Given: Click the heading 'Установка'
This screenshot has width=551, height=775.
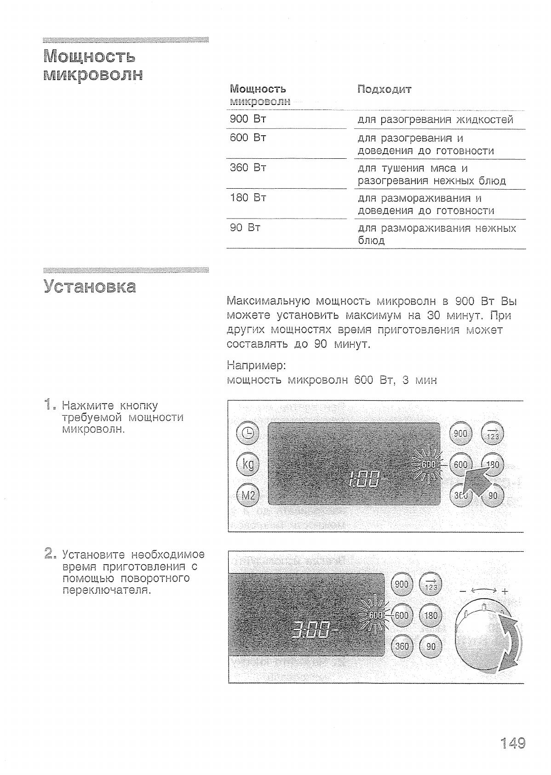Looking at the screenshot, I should [90, 286].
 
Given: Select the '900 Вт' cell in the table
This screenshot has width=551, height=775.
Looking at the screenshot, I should [248, 119].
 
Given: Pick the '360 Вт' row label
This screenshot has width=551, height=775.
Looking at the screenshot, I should [248, 168].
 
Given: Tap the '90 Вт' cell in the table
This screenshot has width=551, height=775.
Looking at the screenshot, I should [245, 228].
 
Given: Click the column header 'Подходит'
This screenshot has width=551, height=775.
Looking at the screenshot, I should [384, 89].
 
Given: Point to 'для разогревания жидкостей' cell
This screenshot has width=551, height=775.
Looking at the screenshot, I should [435, 120].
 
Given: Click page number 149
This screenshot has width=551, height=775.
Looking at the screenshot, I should [512, 743].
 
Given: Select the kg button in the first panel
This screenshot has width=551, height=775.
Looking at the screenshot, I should [248, 464].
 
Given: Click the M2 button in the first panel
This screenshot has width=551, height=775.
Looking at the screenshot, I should [248, 495].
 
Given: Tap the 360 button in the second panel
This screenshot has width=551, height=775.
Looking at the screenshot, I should [402, 646].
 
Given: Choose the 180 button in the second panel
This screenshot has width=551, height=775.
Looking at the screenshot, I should [430, 616].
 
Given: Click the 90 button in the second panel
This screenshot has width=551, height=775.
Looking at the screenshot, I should [430, 646].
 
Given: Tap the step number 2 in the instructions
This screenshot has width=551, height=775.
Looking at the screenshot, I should [50, 553].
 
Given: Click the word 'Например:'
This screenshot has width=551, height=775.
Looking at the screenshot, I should [256, 366].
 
